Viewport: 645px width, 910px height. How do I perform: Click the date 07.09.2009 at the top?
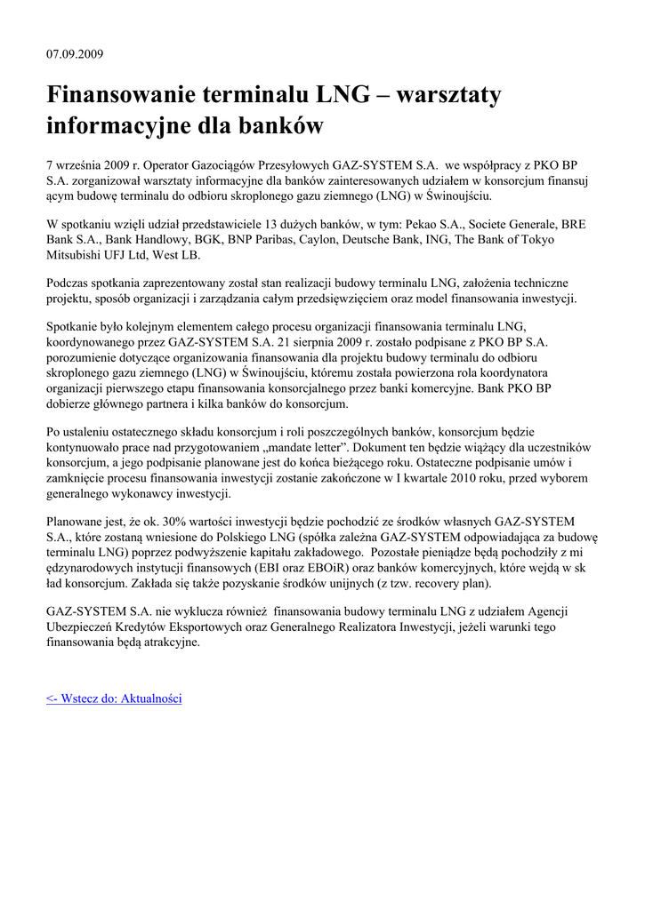click(x=75, y=54)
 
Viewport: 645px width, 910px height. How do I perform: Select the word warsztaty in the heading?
click(x=448, y=94)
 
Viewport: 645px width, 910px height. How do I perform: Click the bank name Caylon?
click(x=334, y=240)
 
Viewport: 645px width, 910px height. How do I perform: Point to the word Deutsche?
click(x=390, y=240)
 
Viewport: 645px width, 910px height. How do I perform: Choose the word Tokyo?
click(x=532, y=240)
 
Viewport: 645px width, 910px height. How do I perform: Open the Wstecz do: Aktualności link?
click(x=114, y=699)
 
